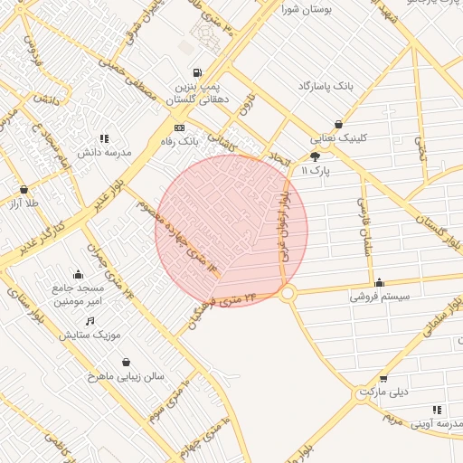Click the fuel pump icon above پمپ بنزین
[x=197, y=72]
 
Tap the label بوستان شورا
[x=307, y=10]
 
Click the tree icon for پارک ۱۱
[x=315, y=156]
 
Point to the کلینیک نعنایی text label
[x=339, y=139]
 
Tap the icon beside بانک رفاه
[x=179, y=128]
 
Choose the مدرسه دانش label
[x=104, y=152]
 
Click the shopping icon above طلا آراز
[x=24, y=190]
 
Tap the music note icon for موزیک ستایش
[x=90, y=321]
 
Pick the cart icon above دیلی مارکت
[x=383, y=378]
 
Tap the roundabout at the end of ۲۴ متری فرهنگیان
[x=288, y=293]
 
